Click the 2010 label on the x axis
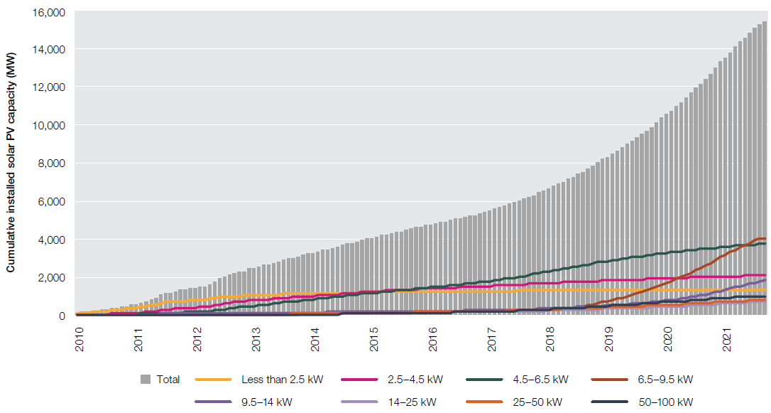coord(80,336)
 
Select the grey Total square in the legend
coord(146,380)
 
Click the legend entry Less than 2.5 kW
coord(282,380)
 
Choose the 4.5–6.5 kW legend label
coord(539,380)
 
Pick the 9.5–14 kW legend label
coord(262,402)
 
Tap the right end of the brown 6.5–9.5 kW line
coord(765,238)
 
